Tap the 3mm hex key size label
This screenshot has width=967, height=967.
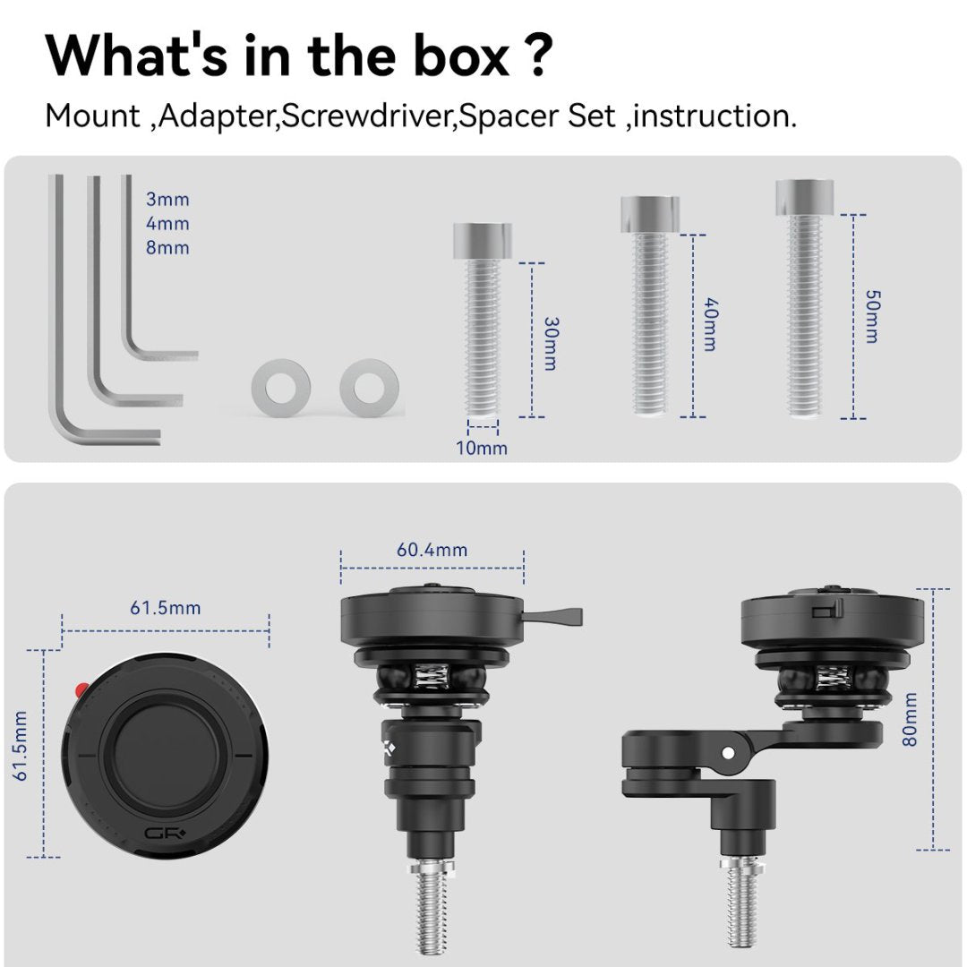tap(167, 199)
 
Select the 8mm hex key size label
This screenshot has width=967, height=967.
tap(167, 247)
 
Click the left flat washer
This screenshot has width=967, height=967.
tap(280, 388)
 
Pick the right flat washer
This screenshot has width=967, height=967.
tap(369, 388)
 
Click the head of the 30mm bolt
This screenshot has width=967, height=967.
tap(483, 241)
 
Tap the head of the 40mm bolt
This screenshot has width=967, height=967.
tap(650, 214)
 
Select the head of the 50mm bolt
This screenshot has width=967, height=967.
tap(805, 197)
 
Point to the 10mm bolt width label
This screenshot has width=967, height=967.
tap(482, 449)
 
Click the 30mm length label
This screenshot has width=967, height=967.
tap(551, 344)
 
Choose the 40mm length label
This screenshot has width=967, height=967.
tap(710, 324)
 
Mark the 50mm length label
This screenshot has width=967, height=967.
tap(872, 316)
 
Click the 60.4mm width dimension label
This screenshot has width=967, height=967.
tap(432, 550)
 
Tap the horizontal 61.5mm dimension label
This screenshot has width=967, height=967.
tap(166, 608)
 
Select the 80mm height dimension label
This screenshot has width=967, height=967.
tap(910, 719)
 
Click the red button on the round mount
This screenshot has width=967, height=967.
tap(81, 689)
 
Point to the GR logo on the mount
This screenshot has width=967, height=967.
tap(165, 834)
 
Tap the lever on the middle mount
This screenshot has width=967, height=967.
tap(552, 615)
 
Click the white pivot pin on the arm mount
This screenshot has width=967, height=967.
tap(728, 753)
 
